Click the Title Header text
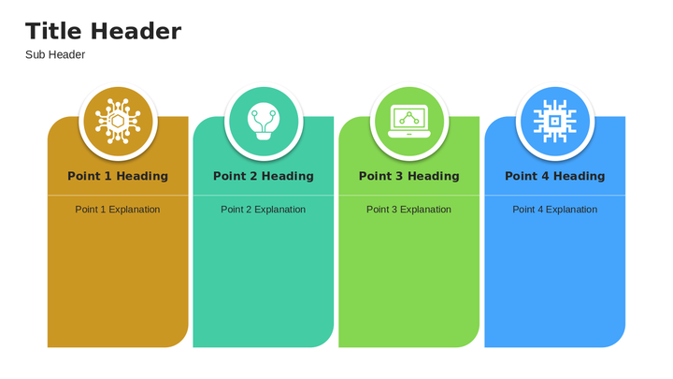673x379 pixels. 104,32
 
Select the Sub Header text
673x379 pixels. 55,54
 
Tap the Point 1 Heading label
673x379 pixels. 118,176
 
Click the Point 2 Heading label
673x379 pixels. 263,176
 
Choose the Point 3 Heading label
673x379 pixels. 409,176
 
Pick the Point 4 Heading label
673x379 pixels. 555,176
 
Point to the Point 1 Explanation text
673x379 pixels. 118,210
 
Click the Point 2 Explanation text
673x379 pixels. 263,210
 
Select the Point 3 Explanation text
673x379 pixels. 408,210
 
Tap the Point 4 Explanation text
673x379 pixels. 555,210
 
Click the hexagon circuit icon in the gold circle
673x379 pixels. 118,121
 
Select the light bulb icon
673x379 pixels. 264,121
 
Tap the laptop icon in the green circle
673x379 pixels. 409,121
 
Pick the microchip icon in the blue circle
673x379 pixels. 555,121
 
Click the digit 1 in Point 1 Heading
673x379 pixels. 107,176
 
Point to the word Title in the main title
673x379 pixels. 53,32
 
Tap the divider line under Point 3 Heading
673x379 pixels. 409,196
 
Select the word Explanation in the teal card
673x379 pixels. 279,210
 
